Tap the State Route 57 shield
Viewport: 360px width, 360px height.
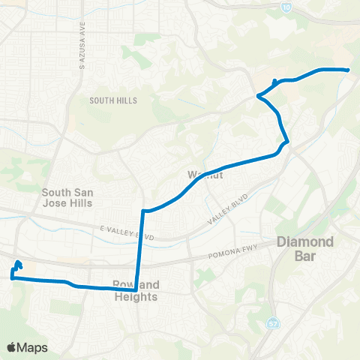(272, 323)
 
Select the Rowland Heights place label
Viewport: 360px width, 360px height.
(136, 291)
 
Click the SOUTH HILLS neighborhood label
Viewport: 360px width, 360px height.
(111, 100)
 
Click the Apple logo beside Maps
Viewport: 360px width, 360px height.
(12, 347)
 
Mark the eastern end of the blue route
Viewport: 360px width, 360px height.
(349, 70)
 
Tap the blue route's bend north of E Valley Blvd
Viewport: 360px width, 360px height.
(143, 211)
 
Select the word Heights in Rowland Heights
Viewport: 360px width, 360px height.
(136, 297)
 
